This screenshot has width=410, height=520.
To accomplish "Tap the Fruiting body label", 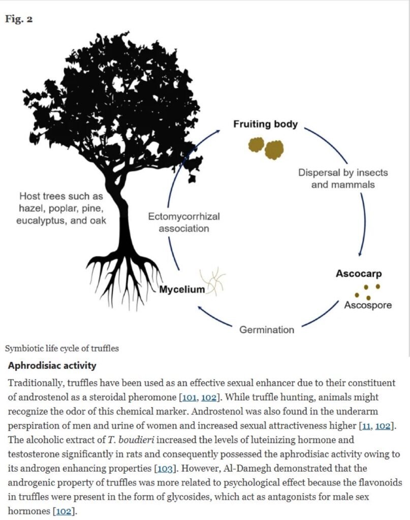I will click(265, 124).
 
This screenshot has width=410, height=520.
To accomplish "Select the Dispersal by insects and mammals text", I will click(342, 178).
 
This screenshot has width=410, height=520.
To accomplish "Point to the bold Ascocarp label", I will click(359, 274).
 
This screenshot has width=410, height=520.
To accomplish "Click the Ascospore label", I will click(368, 305).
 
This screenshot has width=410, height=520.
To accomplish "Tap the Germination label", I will click(267, 330).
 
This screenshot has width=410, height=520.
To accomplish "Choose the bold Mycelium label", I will click(182, 290).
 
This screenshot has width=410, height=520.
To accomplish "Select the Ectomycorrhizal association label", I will click(184, 222).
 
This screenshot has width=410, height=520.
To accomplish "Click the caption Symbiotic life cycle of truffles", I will click(62, 349).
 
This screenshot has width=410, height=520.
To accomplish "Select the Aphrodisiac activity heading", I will click(52, 366).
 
